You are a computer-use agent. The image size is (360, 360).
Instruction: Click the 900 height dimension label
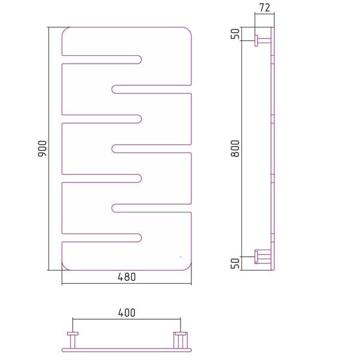pyautogui.click(x=42, y=149)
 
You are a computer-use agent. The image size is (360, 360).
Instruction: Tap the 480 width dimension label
pyautogui.click(x=127, y=277)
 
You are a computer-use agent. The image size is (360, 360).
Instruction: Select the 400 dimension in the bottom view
pyautogui.click(x=127, y=313)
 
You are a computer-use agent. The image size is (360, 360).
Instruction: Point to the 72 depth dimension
pyautogui.click(x=265, y=8)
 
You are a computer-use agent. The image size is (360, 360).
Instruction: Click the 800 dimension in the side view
pyautogui.click(x=235, y=149)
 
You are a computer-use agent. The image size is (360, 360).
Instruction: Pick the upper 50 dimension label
pyautogui.click(x=235, y=34)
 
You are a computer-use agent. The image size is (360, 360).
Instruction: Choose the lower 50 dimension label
pyautogui.click(x=235, y=263)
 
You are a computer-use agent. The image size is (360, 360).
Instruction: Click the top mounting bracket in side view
pyautogui.click(x=263, y=41)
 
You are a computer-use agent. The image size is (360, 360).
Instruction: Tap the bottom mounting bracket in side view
pyautogui.click(x=263, y=257)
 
